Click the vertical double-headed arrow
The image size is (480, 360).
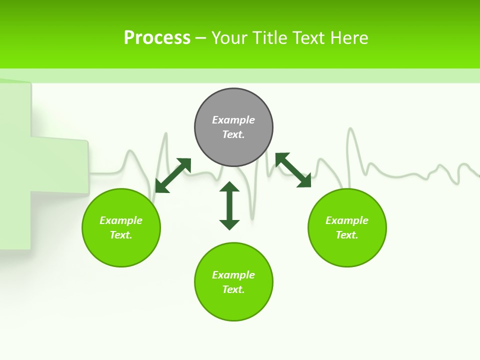point(229,205)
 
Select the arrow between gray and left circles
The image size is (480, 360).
point(173,175)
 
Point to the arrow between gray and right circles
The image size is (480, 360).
point(293,170)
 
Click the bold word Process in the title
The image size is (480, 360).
point(157,37)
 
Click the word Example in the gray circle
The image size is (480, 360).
point(233,120)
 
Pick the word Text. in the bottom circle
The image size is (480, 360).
point(233,289)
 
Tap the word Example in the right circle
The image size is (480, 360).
point(347,220)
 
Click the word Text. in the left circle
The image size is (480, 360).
point(121,235)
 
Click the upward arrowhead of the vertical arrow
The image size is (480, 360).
point(229,186)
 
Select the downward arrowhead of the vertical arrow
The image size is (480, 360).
point(229,224)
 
